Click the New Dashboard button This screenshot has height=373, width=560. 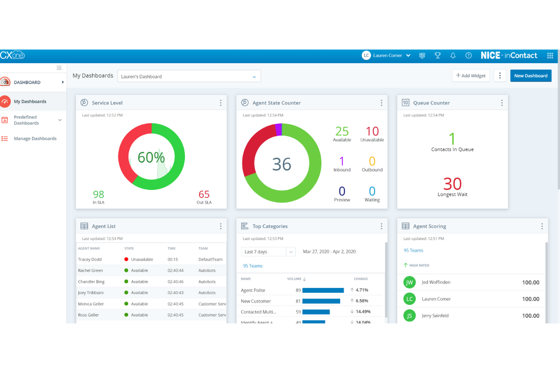(x=530, y=76)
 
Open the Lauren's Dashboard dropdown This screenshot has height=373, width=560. (x=189, y=76)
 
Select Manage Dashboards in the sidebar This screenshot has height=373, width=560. (x=35, y=139)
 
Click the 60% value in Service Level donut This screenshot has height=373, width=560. (x=151, y=157)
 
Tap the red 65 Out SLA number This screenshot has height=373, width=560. (x=204, y=194)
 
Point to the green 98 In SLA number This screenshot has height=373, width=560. (x=98, y=194)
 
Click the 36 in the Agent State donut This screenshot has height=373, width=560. (x=282, y=164)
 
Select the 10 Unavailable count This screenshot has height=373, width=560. (x=372, y=132)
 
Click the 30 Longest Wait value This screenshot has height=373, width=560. (x=452, y=184)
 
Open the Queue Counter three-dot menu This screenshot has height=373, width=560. (x=502, y=103)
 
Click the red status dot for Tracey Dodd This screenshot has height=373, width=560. (x=126, y=259)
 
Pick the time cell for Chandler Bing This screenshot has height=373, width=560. (x=176, y=282)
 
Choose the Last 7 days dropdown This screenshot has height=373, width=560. (x=268, y=252)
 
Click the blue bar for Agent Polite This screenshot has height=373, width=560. (x=323, y=290)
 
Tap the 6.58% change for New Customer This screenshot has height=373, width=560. (x=361, y=301)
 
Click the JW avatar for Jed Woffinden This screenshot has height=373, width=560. (x=409, y=282)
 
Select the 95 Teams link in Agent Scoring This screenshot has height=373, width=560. (x=413, y=251)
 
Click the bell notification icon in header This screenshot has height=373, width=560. (x=453, y=56)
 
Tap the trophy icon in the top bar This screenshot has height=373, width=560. (x=437, y=56)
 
